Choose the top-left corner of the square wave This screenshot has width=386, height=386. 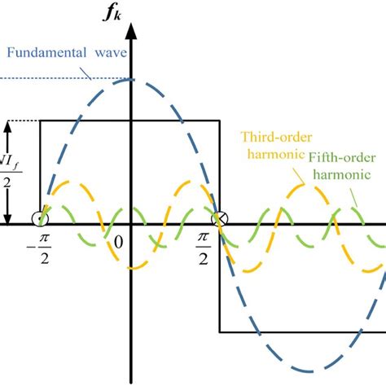pos(41,121)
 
